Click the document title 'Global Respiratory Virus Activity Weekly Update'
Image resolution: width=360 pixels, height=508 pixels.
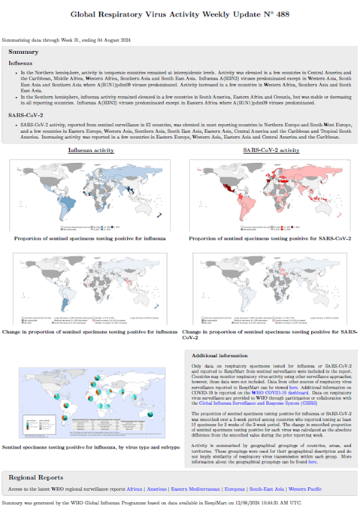180,14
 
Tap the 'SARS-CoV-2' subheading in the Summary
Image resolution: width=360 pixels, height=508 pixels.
26,113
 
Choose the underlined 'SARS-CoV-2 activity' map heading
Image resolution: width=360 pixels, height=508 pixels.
271,150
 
